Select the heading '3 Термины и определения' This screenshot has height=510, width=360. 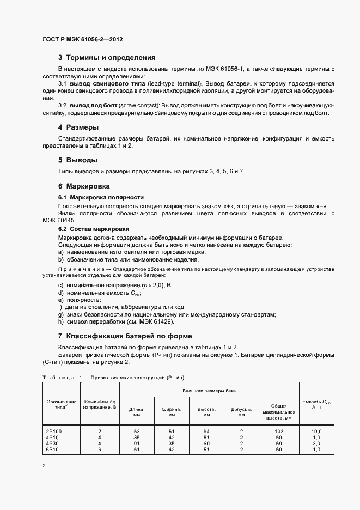tap(107, 57)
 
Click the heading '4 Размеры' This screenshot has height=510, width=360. tap(78, 127)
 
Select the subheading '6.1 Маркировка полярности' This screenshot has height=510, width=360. tap(101, 197)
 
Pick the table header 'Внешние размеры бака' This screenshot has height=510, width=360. tap(209, 391)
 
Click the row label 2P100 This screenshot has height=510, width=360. tap(54, 431)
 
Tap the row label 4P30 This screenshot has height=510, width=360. tap(52, 443)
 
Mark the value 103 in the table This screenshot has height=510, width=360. tap(278, 431)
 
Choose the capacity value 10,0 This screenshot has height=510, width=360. tap(316, 431)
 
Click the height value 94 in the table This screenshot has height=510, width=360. tap(206, 431)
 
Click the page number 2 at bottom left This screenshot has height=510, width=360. tap(44, 466)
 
